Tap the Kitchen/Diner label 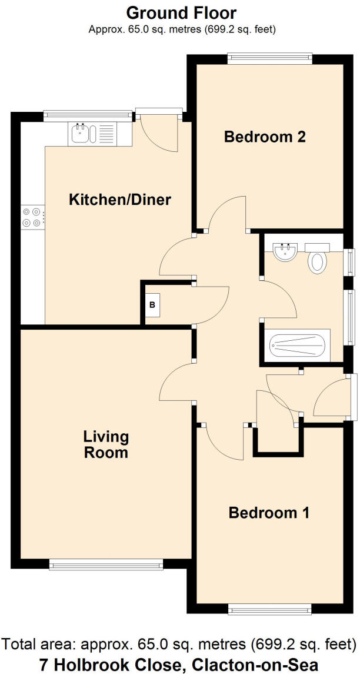(x=120, y=200)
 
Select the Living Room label (x=106, y=444)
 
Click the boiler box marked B (x=152, y=305)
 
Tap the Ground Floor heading (x=181, y=12)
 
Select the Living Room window (x=106, y=565)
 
